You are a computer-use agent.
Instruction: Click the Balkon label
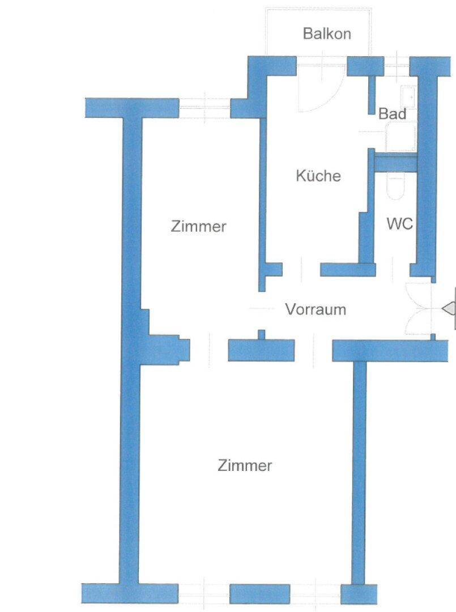(327, 33)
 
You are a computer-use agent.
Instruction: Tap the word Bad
(392, 114)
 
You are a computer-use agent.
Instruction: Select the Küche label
(318, 176)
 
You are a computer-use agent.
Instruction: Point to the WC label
(400, 223)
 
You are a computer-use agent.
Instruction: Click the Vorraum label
(316, 310)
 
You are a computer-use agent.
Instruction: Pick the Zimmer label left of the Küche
(198, 227)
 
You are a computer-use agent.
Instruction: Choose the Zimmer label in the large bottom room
(245, 466)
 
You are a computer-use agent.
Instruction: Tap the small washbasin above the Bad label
(408, 96)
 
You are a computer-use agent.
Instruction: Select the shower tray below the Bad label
(400, 138)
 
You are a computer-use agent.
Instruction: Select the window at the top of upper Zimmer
(204, 107)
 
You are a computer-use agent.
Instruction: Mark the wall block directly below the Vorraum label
(261, 349)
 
